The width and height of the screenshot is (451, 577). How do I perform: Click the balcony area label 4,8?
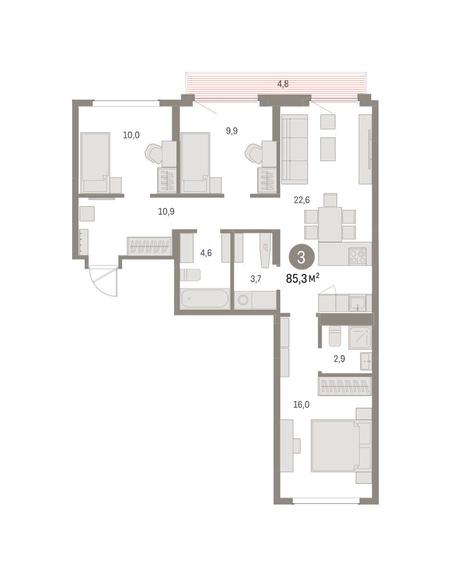283,84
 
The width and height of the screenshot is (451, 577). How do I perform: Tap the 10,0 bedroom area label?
131,135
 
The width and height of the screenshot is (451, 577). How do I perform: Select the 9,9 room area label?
232,131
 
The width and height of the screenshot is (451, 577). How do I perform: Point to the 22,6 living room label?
301,200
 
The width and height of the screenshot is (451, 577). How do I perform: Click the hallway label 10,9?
166,212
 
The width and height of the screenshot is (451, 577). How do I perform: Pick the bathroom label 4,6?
206,253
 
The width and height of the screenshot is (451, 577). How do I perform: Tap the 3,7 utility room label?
256,279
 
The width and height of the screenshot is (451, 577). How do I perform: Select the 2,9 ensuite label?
339,359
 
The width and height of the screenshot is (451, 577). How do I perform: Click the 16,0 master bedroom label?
301,405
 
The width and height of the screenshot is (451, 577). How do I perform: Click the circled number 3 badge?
301,257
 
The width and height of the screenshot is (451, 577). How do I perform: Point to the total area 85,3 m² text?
302,279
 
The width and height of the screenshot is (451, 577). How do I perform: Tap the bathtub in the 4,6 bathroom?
205,298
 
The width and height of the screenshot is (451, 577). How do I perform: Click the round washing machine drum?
243,300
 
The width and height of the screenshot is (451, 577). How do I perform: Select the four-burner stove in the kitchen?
358,256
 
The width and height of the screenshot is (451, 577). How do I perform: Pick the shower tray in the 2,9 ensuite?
360,338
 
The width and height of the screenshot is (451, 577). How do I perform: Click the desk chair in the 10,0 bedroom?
154,154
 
